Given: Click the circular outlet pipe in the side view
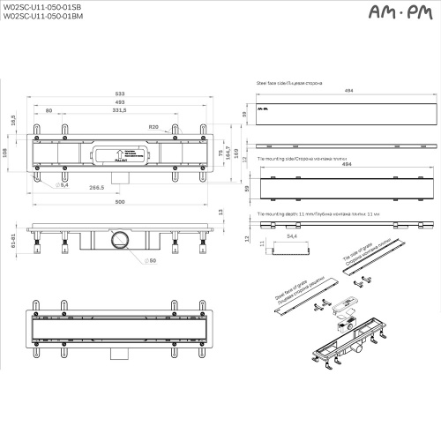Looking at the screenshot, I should [x=118, y=238].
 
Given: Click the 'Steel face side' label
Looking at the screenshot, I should [x=288, y=86].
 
